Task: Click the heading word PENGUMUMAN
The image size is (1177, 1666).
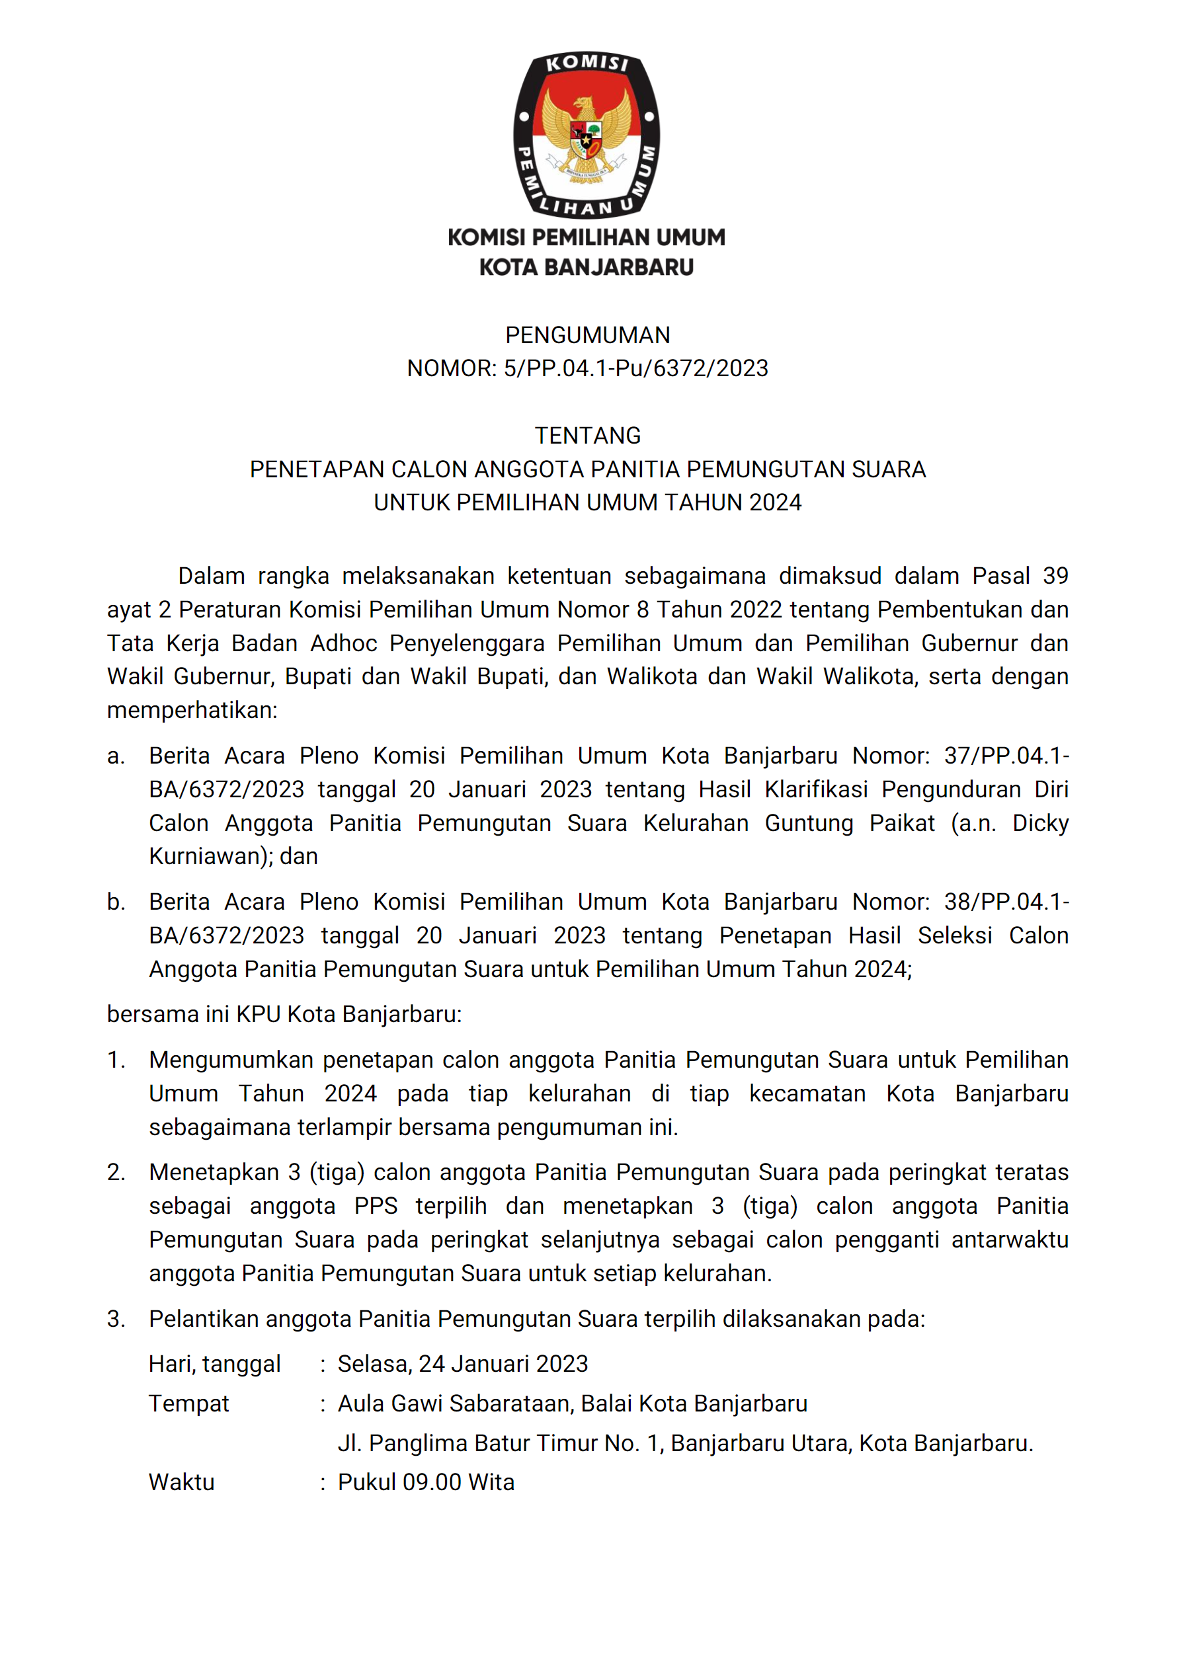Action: pyautogui.click(x=588, y=335)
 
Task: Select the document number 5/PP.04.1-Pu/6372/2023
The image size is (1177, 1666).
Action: pyautogui.click(x=635, y=369)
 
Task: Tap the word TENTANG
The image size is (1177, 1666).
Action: pyautogui.click(x=588, y=436)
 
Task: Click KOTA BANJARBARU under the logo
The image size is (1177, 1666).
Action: pyautogui.click(x=587, y=267)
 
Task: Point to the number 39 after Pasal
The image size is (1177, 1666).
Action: pyautogui.click(x=1055, y=575)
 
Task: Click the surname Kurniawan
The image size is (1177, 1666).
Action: pyautogui.click(x=208, y=856)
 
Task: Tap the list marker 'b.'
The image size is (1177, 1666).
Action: pyautogui.click(x=116, y=902)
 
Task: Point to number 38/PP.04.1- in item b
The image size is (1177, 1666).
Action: pyautogui.click(x=1006, y=902)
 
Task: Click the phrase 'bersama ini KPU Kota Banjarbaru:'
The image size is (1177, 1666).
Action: pyautogui.click(x=284, y=1013)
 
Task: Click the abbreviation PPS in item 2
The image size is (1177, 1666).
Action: pyautogui.click(x=376, y=1206)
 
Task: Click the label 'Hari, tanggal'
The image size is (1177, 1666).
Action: pyautogui.click(x=214, y=1364)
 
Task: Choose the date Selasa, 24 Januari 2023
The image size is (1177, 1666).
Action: pyautogui.click(x=463, y=1364)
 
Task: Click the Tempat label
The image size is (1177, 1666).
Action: pyautogui.click(x=188, y=1404)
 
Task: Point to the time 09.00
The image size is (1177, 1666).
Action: pyautogui.click(x=432, y=1482)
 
